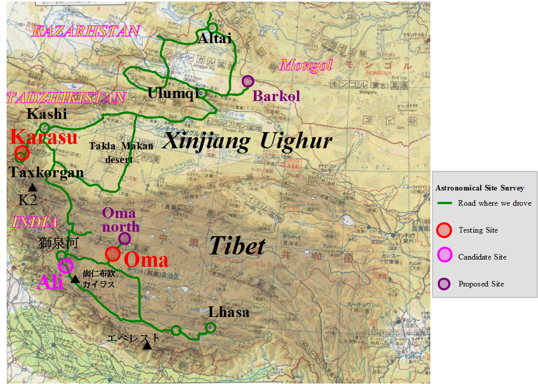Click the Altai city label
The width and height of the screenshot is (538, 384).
click(215, 39)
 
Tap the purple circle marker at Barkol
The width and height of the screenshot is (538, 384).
click(248, 81)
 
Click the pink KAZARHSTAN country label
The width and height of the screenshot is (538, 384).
click(86, 31)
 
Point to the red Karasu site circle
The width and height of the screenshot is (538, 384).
click(22, 152)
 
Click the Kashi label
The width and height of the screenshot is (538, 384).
click(47, 114)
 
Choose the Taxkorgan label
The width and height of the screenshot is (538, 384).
click(46, 173)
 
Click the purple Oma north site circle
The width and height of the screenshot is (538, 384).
click(124, 238)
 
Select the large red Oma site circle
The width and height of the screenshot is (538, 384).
click(113, 253)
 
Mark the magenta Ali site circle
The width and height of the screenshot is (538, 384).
click(66, 265)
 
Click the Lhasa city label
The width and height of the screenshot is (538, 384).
click(229, 311)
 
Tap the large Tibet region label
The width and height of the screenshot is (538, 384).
click(237, 246)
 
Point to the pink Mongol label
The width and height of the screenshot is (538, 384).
click(306, 65)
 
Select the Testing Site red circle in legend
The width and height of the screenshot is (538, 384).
click(444, 230)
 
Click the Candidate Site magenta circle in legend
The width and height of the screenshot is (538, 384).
click(444, 257)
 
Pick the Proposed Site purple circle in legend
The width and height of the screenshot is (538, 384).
click(444, 283)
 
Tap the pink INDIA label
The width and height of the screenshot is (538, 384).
click(35, 222)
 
